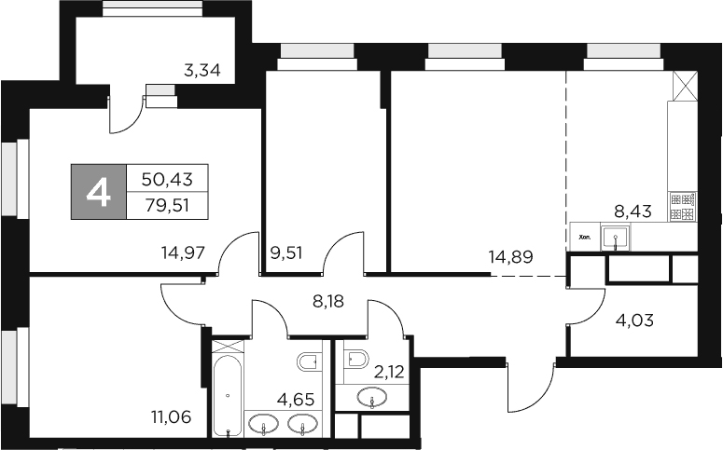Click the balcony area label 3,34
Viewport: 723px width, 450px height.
[202, 69]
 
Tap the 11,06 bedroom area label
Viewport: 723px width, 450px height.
[171, 416]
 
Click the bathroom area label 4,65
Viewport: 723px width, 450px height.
[297, 402]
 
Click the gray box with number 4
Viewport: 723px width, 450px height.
[99, 192]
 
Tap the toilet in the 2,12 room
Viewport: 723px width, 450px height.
[355, 359]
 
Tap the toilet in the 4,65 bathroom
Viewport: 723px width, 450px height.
[309, 362]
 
